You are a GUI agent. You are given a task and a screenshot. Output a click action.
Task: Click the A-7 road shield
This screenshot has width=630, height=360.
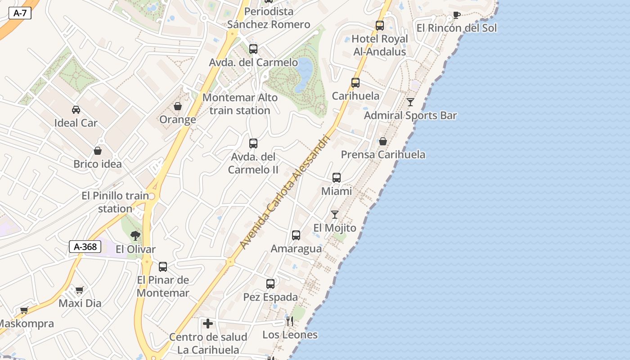click(20, 13)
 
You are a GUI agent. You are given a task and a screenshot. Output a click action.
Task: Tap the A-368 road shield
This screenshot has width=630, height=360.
click(85, 247)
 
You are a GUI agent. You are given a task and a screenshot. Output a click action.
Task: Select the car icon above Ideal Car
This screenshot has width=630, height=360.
click(76, 110)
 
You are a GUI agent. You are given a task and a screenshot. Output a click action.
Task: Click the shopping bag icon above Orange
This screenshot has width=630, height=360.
click(178, 107)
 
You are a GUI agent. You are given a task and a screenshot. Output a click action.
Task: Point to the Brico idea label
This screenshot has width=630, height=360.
click(98, 164)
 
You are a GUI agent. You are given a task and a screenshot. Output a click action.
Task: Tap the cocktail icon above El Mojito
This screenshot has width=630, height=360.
click(335, 215)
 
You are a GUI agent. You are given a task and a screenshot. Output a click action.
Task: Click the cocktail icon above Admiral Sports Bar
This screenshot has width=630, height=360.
click(410, 102)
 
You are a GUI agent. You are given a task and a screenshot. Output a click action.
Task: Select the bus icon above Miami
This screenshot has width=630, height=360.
click(337, 178)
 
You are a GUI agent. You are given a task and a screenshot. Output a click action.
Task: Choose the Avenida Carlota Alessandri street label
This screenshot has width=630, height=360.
click(286, 191)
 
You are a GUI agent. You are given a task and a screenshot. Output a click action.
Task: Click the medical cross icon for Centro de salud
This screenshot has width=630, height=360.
click(208, 324)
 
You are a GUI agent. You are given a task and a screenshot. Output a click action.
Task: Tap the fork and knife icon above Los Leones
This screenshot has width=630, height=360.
click(290, 321)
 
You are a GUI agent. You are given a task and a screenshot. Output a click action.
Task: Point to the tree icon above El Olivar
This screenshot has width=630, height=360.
click(135, 236)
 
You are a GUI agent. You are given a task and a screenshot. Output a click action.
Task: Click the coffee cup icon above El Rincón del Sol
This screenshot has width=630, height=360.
click(456, 15)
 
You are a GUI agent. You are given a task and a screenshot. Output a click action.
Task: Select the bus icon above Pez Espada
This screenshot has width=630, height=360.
click(270, 284)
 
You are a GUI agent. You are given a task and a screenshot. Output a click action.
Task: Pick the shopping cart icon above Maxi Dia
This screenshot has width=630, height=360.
click(80, 290)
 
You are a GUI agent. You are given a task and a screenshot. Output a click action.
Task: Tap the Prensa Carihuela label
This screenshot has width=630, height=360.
click(383, 154)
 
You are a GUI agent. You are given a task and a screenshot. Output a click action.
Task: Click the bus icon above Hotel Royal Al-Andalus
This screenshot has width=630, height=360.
click(380, 26)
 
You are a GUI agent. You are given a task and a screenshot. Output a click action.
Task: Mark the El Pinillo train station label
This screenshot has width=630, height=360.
click(115, 202)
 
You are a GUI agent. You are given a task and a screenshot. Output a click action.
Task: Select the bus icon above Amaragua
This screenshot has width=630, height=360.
click(296, 235)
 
